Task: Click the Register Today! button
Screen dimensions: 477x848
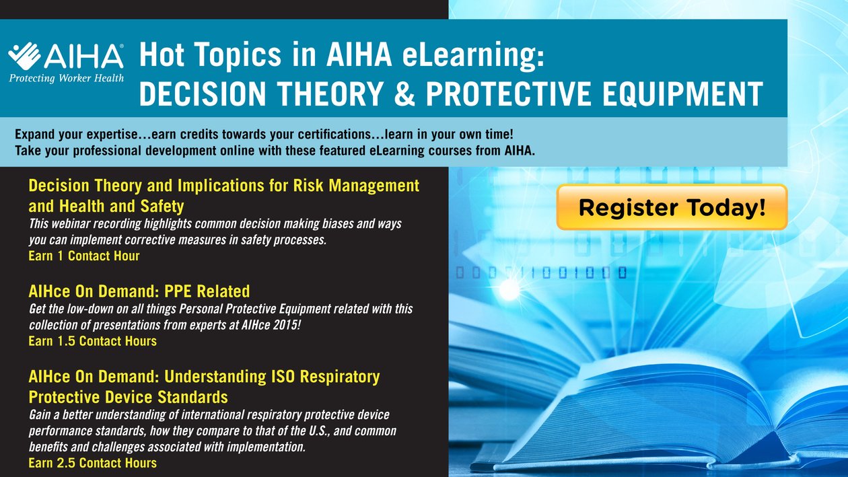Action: pos(672,207)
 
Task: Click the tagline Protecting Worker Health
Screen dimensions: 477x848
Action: pos(66,78)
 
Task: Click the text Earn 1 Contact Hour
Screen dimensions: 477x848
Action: pos(84,256)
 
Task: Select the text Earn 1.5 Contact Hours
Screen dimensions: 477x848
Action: pos(92,341)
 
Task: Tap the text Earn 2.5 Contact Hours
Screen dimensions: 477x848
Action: pos(92,463)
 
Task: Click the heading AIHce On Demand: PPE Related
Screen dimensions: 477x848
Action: pos(139,291)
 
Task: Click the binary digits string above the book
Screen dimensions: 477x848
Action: pos(542,272)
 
